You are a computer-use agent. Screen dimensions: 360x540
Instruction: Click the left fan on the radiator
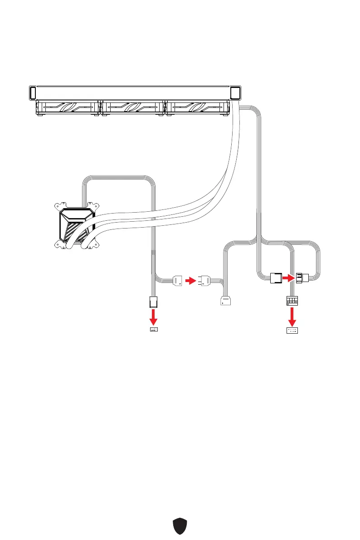pyautogui.click(x=67, y=108)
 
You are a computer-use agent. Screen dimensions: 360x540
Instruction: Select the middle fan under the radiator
pyautogui.click(x=132, y=108)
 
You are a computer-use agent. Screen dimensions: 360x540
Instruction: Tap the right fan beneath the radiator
pyautogui.click(x=197, y=108)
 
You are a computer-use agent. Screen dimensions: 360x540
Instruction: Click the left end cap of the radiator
pyautogui.click(x=32, y=92)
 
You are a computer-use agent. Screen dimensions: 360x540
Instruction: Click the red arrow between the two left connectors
pyautogui.click(x=191, y=281)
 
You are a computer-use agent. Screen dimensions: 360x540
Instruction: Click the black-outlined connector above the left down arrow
pyautogui.click(x=153, y=301)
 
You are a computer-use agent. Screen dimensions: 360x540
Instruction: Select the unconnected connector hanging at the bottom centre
pyautogui.click(x=225, y=302)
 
